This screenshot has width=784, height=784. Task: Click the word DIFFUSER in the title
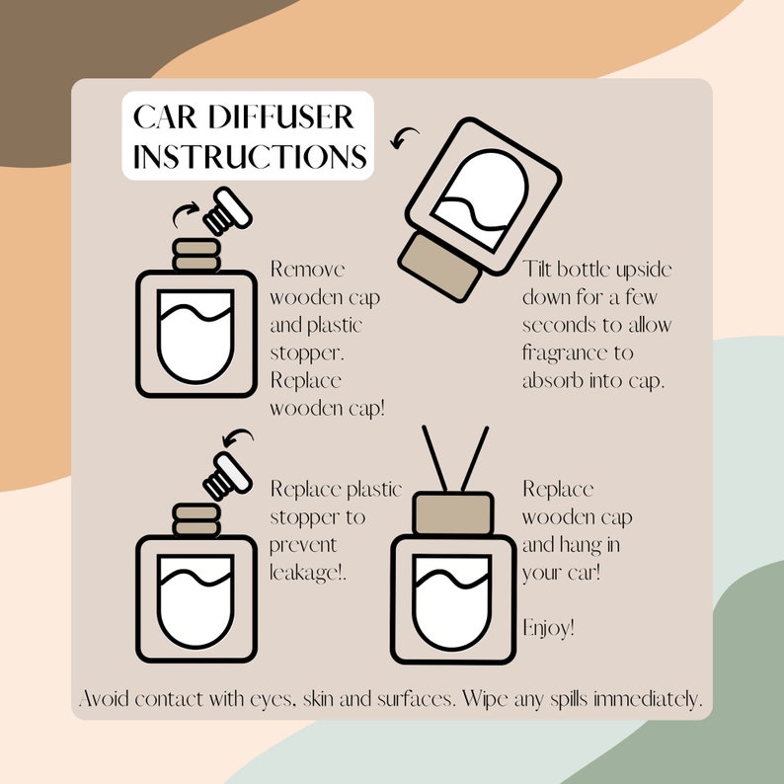tap(281, 117)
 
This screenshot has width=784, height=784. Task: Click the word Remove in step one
tap(307, 269)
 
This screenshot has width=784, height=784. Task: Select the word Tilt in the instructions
tap(536, 269)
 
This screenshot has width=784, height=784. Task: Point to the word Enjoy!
tap(548, 628)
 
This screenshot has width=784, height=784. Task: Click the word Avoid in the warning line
tap(104, 698)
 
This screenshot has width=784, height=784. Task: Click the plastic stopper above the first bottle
tap(227, 211)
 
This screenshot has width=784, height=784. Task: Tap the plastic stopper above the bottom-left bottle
tap(227, 476)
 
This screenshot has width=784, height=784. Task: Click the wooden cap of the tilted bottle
tap(440, 267)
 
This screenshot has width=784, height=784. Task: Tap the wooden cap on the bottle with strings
tap(453, 513)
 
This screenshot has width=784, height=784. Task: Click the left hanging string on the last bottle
tap(434, 458)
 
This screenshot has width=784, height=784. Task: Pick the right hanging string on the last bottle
tap(475, 458)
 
